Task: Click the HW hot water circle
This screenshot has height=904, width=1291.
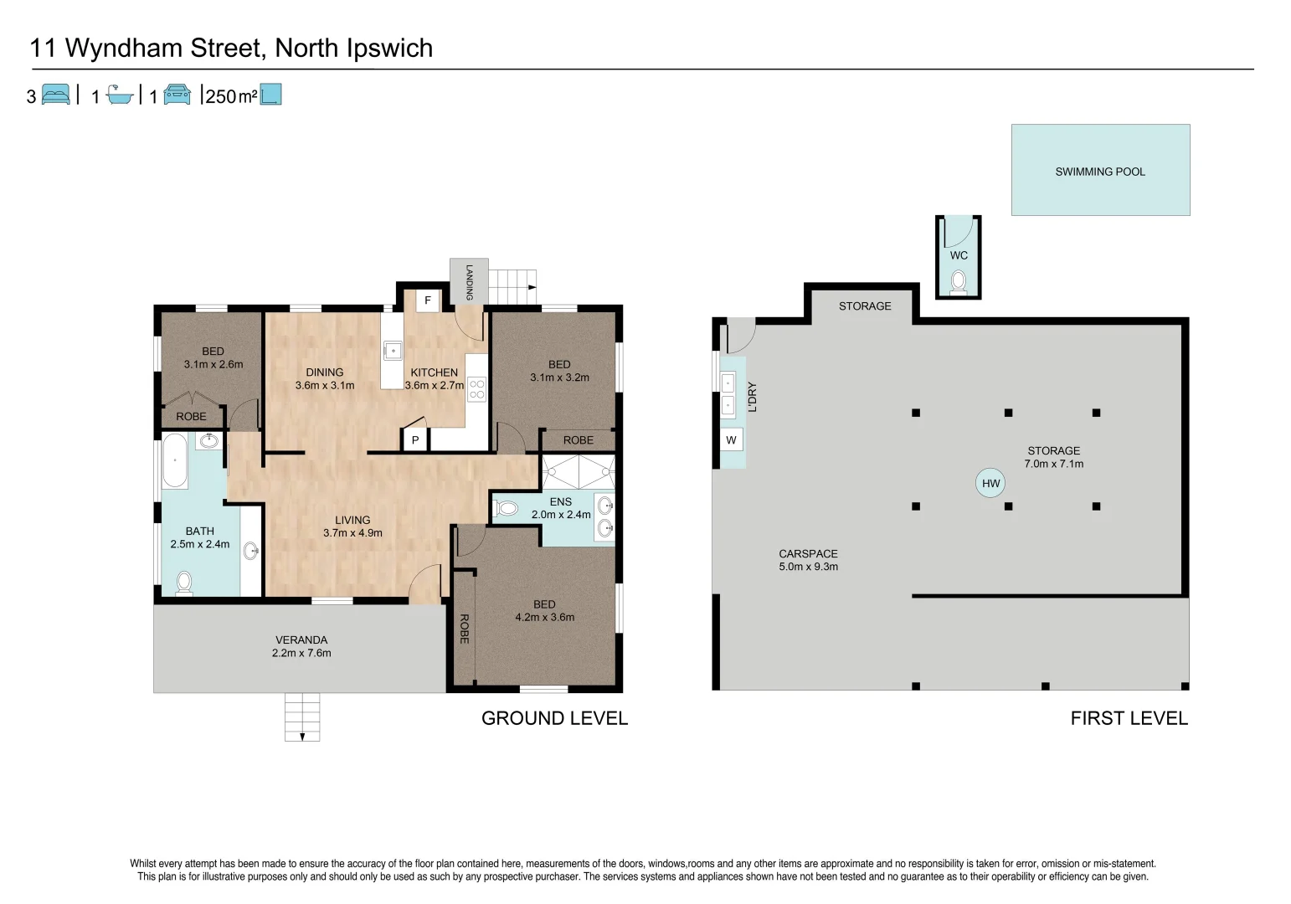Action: pos(990,484)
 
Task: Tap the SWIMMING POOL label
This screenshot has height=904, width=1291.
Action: pos(1100,172)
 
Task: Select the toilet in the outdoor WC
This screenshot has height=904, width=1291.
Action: pos(958,283)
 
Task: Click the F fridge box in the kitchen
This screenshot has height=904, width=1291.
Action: pos(428,300)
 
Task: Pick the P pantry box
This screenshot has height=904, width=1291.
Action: pos(415,441)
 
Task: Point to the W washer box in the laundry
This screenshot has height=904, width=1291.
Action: pos(732,440)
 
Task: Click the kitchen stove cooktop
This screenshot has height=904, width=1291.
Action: pos(476,388)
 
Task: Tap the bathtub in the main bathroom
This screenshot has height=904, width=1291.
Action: pos(175,461)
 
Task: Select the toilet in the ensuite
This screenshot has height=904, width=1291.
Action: pos(506,508)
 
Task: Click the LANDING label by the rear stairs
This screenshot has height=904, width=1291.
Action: pos(469,282)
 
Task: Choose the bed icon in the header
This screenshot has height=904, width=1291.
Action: pos(56,94)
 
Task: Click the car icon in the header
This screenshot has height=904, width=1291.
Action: pos(177,94)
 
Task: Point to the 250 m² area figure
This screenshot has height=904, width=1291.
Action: pos(231,96)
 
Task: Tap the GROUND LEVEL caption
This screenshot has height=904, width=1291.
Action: pos(554,718)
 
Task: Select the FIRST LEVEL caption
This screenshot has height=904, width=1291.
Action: pos(1129,718)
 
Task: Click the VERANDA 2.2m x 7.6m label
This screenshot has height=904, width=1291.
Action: pos(301,646)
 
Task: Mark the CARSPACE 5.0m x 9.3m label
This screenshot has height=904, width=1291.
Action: pos(808,560)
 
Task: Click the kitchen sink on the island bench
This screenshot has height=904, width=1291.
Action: pos(393,351)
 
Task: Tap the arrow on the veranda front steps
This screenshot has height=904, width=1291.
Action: pos(302,737)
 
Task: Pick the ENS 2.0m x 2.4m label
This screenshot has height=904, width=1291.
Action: pos(561,508)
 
